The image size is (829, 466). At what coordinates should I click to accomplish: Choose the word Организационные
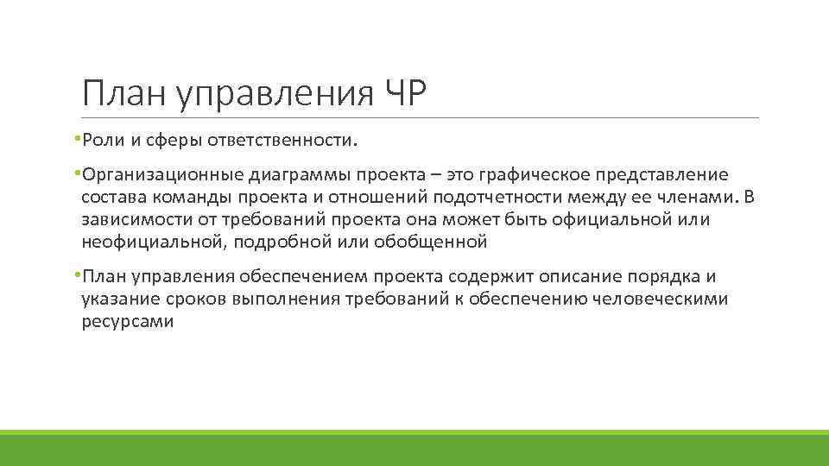(161, 175)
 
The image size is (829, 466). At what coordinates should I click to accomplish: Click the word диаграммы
(295, 175)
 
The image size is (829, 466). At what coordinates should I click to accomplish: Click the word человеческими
(660, 299)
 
